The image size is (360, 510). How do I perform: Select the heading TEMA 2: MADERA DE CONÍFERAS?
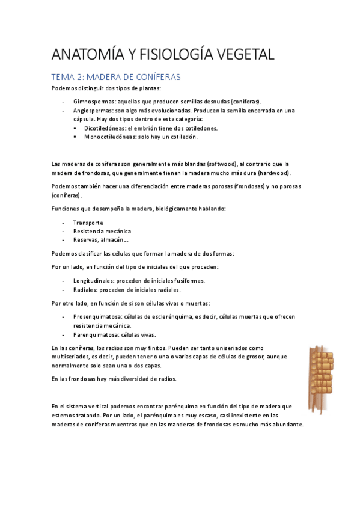pos(116,78)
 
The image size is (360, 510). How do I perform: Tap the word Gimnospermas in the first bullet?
pos(93,102)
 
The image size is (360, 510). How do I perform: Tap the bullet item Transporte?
pos(88,223)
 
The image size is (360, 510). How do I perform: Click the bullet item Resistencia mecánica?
pos(102,231)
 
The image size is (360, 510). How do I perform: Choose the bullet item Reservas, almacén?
pos(96,240)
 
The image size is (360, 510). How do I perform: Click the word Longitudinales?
pos(93,280)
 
